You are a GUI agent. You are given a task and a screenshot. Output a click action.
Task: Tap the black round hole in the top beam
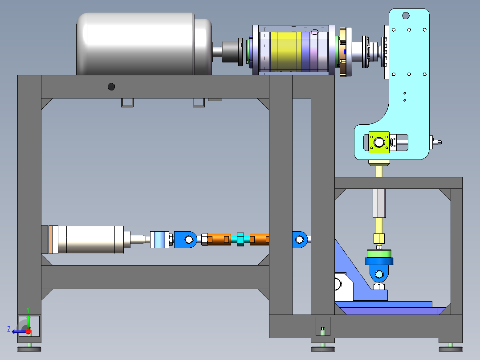[x=111, y=86]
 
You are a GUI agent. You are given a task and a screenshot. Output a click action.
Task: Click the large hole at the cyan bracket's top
[x=406, y=16]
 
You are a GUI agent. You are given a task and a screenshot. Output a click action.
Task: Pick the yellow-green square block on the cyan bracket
[x=379, y=142]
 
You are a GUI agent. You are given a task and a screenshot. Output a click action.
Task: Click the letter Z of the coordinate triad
[x=9, y=329]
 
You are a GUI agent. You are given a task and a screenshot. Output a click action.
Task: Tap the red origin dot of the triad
[x=28, y=331]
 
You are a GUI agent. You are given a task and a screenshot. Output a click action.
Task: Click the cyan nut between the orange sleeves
[x=240, y=239]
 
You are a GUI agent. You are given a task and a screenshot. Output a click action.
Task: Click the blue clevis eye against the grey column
[x=300, y=239]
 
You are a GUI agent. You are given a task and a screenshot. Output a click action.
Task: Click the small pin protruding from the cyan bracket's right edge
[x=438, y=142]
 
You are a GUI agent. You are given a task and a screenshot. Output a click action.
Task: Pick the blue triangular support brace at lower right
[x=350, y=267]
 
